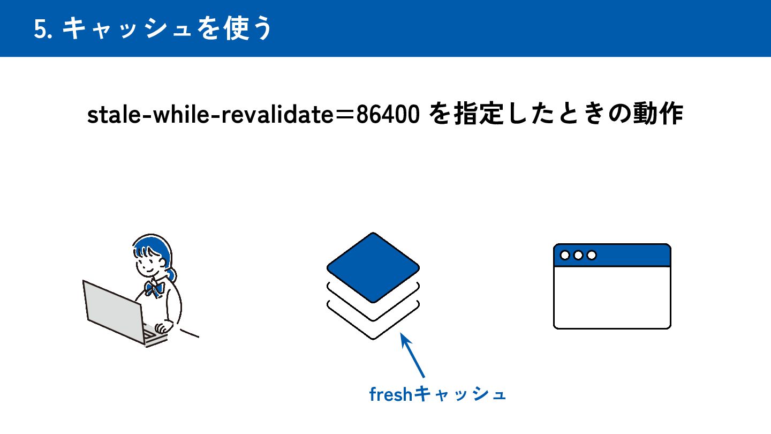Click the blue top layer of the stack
tap(373, 267)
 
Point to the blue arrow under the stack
tap(413, 356)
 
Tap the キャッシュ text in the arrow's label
tap(460, 395)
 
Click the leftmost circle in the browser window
tap(565, 255)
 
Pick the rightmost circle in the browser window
tap(591, 255)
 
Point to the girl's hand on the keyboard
tap(161, 328)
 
